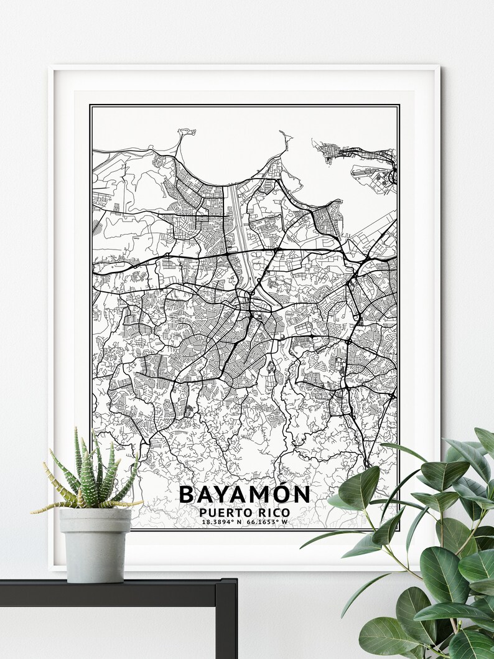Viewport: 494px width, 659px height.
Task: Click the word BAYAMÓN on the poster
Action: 244,495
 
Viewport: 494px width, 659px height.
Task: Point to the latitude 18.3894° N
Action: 222,521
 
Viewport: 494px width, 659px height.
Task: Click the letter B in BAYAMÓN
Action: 186,495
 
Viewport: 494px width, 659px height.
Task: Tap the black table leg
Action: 226,622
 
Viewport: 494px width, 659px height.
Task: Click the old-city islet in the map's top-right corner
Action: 336,151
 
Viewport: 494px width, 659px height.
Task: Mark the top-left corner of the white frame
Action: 51,68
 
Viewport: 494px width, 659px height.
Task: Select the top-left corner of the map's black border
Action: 90,105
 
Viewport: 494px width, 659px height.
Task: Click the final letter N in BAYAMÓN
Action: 301,495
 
